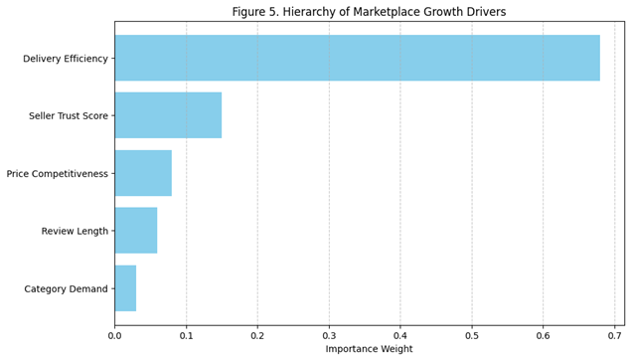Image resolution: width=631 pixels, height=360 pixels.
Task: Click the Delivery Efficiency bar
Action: point(358,58)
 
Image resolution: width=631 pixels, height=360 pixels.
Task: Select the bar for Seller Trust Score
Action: point(168,115)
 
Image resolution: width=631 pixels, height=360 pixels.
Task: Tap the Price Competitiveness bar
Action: point(143,173)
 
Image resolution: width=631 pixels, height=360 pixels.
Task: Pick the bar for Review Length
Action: point(136,231)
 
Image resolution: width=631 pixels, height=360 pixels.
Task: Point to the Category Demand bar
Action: point(125,288)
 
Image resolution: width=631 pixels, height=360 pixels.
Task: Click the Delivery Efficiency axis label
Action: point(66,59)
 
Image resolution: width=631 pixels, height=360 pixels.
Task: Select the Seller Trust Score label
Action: point(69,116)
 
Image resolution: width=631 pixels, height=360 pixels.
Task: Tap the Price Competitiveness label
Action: point(58,174)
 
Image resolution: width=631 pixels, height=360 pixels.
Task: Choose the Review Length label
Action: point(75,231)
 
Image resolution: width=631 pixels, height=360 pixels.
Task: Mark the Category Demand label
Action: point(66,288)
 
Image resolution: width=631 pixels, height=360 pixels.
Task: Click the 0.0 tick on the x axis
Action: point(114,335)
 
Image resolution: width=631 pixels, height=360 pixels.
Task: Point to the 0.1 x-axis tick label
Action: point(187,335)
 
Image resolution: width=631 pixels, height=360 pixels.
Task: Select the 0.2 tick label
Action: point(257,335)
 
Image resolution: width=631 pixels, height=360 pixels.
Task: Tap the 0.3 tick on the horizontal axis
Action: point(329,335)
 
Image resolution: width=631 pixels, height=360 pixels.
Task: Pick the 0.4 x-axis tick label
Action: point(400,335)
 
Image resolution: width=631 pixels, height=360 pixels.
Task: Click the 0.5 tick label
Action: point(472,335)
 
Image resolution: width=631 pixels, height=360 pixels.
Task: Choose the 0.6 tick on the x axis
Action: point(544,335)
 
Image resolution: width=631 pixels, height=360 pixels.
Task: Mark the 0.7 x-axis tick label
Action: point(615,335)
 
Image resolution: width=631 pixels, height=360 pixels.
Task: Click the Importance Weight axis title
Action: point(369,349)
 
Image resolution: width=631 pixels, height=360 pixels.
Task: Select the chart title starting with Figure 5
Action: point(369,11)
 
